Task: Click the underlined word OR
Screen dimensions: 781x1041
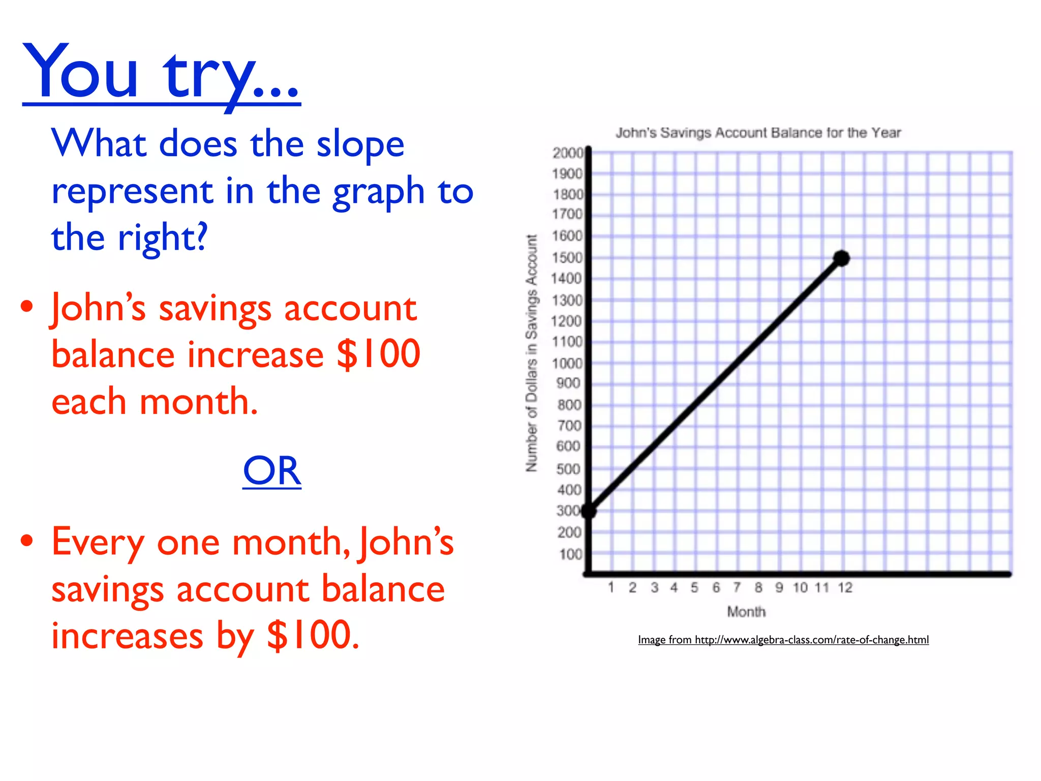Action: pyautogui.click(x=272, y=471)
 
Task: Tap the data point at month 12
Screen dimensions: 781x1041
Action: pyautogui.click(x=841, y=258)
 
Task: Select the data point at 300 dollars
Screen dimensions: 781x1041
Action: pyautogui.click(x=589, y=511)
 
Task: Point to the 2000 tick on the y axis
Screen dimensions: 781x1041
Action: pyautogui.click(x=568, y=153)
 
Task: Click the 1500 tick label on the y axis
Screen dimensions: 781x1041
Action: pyautogui.click(x=567, y=258)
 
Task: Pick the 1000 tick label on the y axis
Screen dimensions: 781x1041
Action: pyautogui.click(x=567, y=363)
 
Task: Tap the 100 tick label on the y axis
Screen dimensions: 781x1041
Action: pyautogui.click(x=570, y=554)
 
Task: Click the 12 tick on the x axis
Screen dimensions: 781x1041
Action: pyautogui.click(x=845, y=588)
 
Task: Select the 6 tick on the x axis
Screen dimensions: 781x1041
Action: pyautogui.click(x=716, y=588)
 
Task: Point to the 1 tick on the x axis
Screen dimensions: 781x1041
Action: pyautogui.click(x=611, y=588)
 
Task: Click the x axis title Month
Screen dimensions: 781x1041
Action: pyautogui.click(x=746, y=612)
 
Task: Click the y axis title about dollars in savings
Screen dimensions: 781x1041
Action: pyautogui.click(x=531, y=353)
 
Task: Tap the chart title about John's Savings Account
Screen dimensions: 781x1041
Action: pyautogui.click(x=758, y=133)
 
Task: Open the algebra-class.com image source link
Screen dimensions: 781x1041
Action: pyautogui.click(x=783, y=640)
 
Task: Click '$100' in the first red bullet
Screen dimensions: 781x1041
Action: pyautogui.click(x=378, y=354)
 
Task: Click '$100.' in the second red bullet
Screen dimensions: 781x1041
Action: pyautogui.click(x=313, y=635)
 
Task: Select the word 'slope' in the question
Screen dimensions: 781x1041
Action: pyautogui.click(x=360, y=144)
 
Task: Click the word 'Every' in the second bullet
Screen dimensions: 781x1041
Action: pyautogui.click(x=98, y=543)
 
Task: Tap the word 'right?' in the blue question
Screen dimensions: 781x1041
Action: pyautogui.click(x=163, y=238)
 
